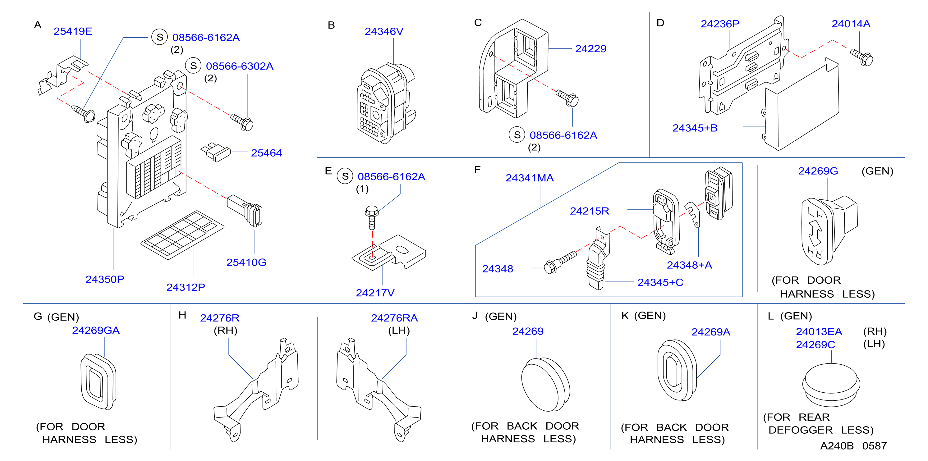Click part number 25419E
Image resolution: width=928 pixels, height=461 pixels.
click(73, 31)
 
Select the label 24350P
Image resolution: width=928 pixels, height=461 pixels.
click(105, 279)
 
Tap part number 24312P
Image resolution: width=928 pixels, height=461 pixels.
click(186, 287)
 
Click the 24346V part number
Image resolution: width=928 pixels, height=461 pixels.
click(384, 32)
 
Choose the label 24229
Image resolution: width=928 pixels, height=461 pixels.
click(590, 49)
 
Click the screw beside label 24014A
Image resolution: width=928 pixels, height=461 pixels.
click(862, 58)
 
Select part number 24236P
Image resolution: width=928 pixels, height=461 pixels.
click(720, 24)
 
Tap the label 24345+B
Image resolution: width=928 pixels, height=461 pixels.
click(695, 128)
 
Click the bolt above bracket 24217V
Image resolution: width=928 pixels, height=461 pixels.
click(372, 217)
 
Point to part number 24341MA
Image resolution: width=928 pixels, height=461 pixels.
click(530, 178)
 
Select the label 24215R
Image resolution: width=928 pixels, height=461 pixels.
click(589, 211)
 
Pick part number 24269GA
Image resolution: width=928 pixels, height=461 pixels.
click(96, 330)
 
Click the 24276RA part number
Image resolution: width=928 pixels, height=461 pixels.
click(394, 318)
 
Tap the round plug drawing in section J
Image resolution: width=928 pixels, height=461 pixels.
click(545, 384)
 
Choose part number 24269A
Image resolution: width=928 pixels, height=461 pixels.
click(711, 332)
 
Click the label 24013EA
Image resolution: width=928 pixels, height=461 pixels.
click(819, 331)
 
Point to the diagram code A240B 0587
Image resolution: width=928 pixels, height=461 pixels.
click(853, 446)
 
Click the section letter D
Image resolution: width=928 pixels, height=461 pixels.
click(660, 23)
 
